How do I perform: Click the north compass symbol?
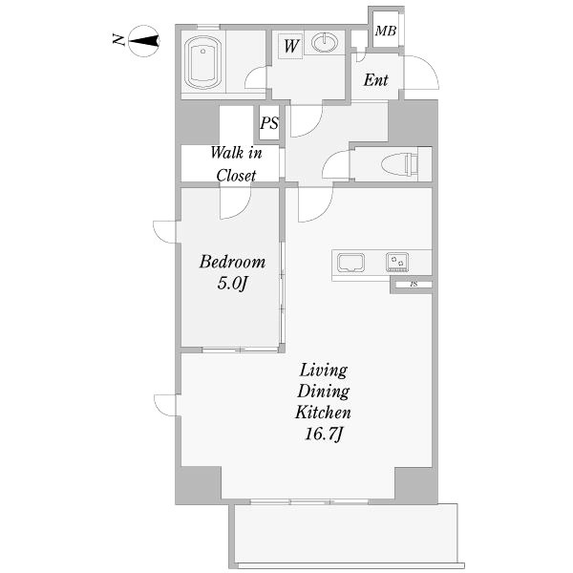144,41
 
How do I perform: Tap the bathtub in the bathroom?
202,62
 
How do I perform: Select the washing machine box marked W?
290,46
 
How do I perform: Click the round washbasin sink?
325,42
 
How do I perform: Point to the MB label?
386,32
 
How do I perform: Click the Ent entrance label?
375,80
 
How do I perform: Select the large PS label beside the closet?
269,123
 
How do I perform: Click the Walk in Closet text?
237,163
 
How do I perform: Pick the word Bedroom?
232,262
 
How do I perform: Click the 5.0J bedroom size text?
232,284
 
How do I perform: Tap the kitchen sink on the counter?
350,263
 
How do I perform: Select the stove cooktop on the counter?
397,263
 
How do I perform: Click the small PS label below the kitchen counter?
414,284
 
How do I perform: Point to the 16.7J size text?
324,435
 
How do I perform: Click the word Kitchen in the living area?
323,413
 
